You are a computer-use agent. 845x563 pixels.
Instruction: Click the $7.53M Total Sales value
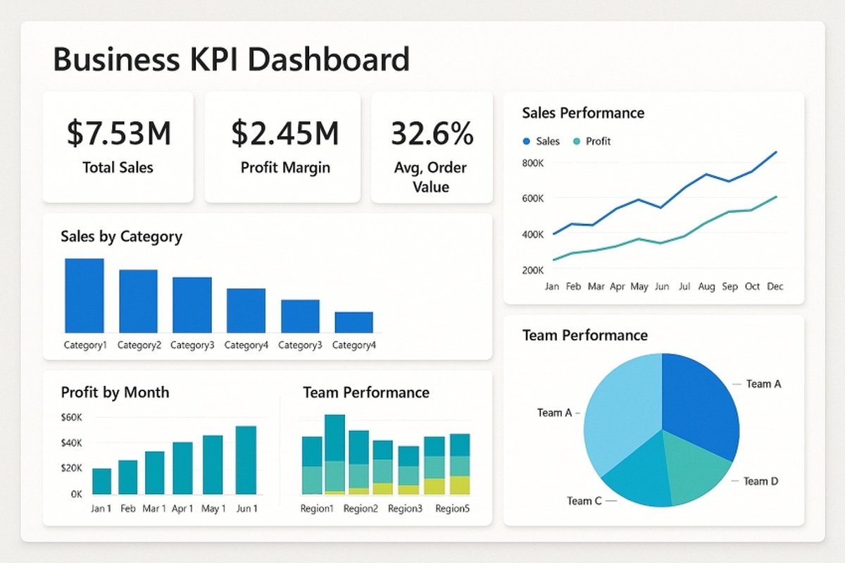[118, 134]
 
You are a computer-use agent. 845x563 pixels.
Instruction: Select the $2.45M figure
[284, 134]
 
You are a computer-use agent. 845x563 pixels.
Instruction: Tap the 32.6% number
[431, 134]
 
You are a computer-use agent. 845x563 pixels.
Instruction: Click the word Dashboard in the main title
[329, 59]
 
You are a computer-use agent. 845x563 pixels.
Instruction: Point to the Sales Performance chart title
[583, 113]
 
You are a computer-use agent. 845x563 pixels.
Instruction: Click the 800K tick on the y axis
[532, 163]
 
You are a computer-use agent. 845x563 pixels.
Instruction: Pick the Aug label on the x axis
[706, 287]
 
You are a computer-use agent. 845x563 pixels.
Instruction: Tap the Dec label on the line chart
[775, 287]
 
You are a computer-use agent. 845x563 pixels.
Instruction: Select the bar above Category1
[84, 296]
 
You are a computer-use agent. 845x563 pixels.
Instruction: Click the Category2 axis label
[139, 345]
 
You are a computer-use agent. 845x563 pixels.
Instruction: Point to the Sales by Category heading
[121, 236]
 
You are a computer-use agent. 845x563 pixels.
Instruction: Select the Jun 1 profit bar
[246, 460]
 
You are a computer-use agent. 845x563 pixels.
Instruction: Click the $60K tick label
[72, 417]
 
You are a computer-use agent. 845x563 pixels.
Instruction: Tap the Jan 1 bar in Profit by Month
[102, 481]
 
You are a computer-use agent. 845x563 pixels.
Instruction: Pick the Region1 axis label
[317, 509]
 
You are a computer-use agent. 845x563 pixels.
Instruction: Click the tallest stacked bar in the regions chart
[334, 454]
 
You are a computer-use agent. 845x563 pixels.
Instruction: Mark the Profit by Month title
[115, 392]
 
